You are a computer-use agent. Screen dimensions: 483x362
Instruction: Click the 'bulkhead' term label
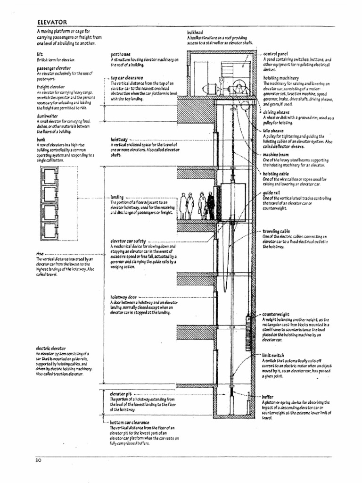coord(196,33)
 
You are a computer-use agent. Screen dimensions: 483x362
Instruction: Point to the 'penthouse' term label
coord(122,55)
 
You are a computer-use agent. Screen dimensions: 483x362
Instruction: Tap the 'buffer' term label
coord(269,397)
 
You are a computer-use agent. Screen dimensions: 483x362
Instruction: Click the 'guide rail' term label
coord(272,193)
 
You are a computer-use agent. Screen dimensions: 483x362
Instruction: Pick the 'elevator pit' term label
coord(120,393)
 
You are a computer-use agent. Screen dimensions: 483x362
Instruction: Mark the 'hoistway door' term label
coord(123,297)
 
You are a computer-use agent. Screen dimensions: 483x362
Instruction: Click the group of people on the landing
coord(197,206)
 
